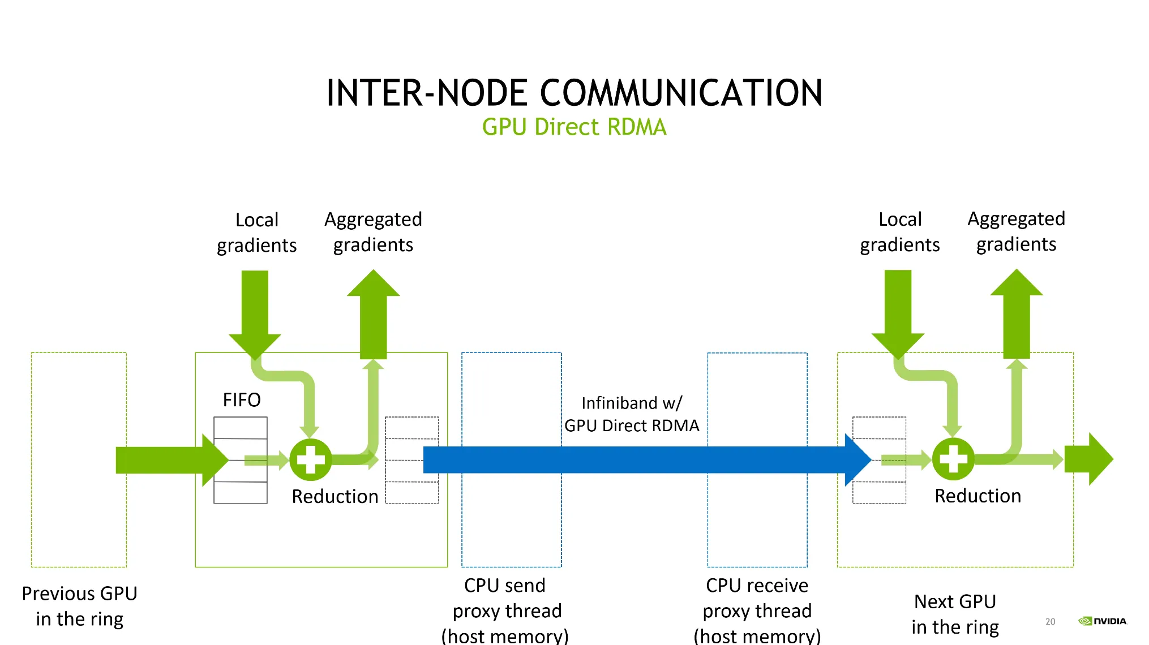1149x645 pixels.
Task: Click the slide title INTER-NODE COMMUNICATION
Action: (x=574, y=93)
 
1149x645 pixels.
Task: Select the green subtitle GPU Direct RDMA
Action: (x=574, y=127)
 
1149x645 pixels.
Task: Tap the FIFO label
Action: (x=242, y=400)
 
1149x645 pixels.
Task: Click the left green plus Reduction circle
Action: (x=311, y=459)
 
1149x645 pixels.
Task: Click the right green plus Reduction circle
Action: (x=953, y=459)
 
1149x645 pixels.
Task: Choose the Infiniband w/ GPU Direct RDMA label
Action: (x=632, y=414)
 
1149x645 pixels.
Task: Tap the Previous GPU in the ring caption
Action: (x=79, y=606)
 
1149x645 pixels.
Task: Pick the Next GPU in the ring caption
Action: (x=955, y=614)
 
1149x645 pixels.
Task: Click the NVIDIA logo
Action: (x=1103, y=621)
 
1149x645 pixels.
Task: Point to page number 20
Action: (x=1051, y=622)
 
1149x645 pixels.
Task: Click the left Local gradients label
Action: (x=257, y=233)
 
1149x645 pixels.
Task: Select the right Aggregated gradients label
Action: (x=1016, y=231)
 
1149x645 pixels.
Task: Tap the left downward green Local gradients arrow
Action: (x=255, y=311)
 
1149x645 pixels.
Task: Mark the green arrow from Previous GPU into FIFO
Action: (x=170, y=460)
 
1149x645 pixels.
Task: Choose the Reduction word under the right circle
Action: (x=977, y=496)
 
